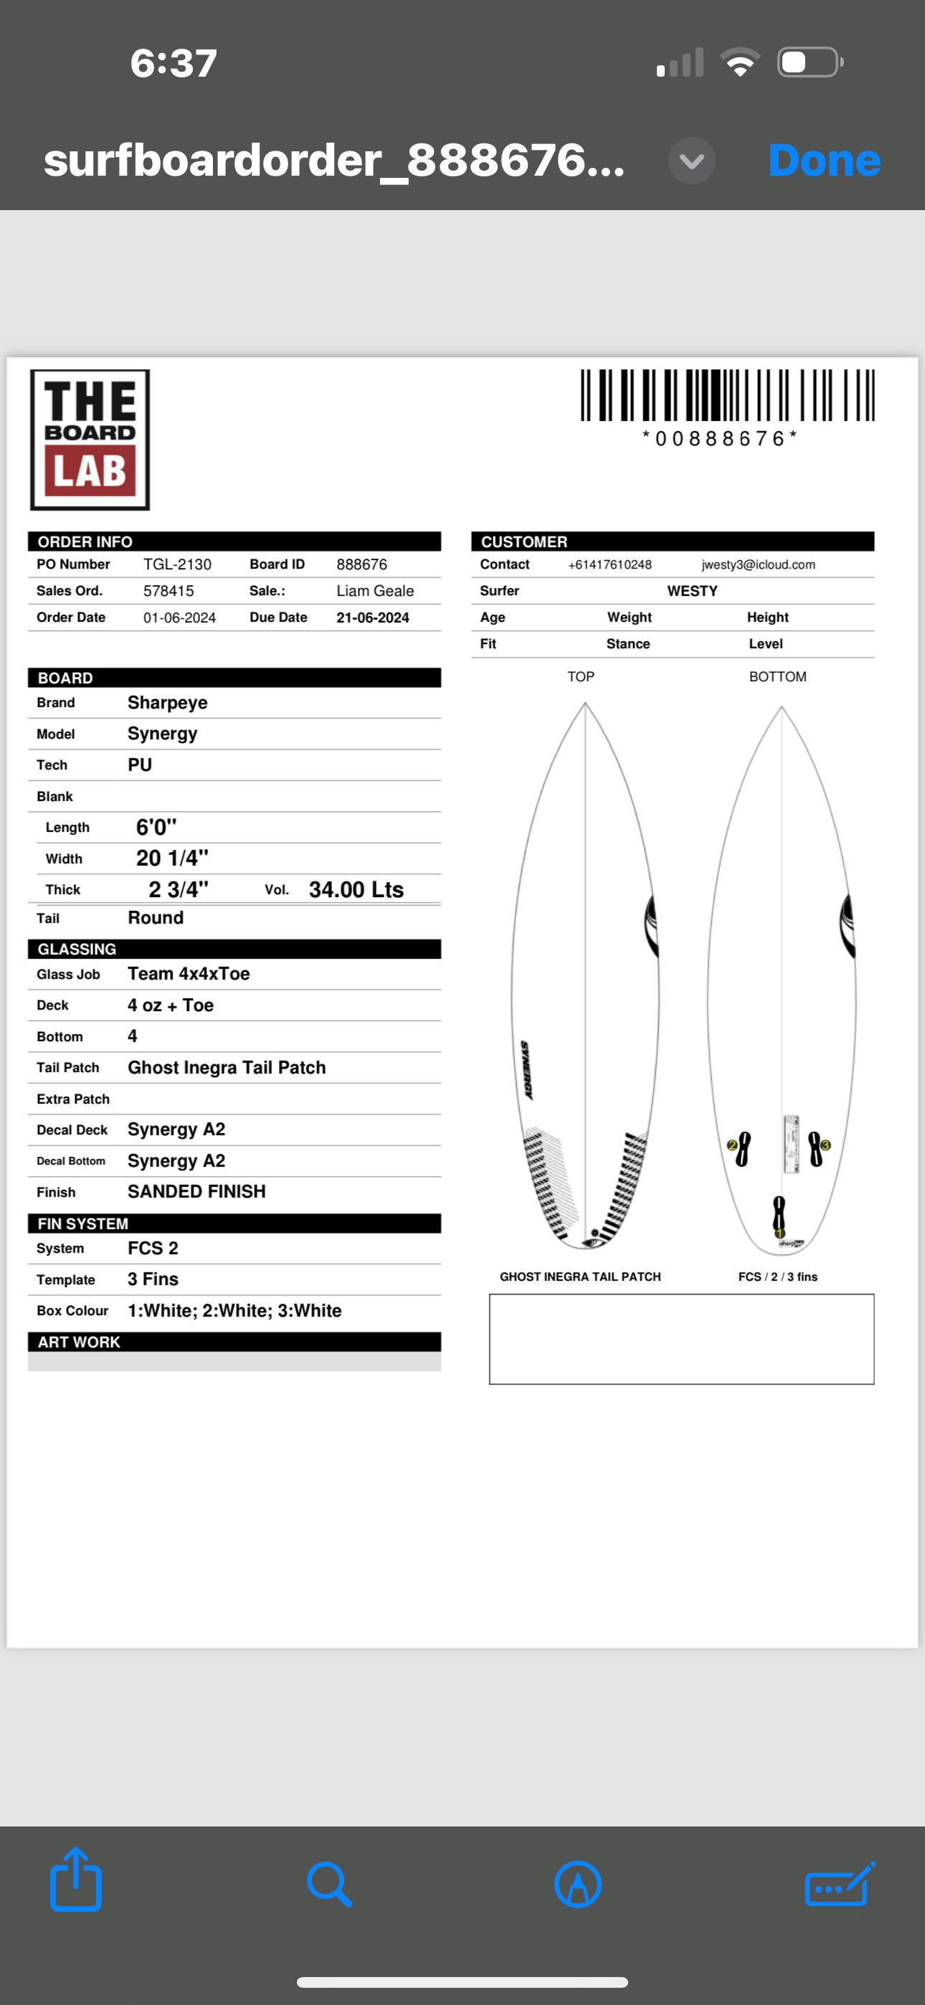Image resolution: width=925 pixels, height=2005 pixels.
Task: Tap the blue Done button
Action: pos(824,161)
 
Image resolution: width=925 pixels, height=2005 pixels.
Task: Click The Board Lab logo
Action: pos(90,440)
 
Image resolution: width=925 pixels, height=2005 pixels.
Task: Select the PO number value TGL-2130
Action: pos(176,564)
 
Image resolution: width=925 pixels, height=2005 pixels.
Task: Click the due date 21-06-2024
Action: pos(372,617)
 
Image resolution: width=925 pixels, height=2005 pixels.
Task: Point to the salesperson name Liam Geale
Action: pos(374,591)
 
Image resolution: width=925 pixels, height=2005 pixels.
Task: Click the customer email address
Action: pos(758,564)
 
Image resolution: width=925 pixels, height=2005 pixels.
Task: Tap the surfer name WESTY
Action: pos(692,591)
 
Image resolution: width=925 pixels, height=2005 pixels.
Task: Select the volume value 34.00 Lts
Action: pos(356,890)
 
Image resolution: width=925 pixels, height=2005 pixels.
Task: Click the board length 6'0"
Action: pos(156,828)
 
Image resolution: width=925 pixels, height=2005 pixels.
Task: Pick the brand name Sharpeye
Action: pos(167,703)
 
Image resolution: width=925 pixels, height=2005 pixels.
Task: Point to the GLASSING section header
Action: pos(77,949)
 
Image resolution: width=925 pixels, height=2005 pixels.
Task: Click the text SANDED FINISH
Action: pos(196,1192)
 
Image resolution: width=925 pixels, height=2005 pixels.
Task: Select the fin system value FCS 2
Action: pos(153,1248)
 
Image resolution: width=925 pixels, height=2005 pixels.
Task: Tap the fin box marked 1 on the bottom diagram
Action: pos(779,1215)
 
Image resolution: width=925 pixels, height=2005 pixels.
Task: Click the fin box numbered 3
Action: pos(817,1149)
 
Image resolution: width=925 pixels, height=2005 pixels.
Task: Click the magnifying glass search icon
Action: pos(328,1884)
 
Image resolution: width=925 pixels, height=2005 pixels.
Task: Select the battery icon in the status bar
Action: pos(810,62)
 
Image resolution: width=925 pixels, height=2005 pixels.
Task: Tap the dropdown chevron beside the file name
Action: pos(691,161)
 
